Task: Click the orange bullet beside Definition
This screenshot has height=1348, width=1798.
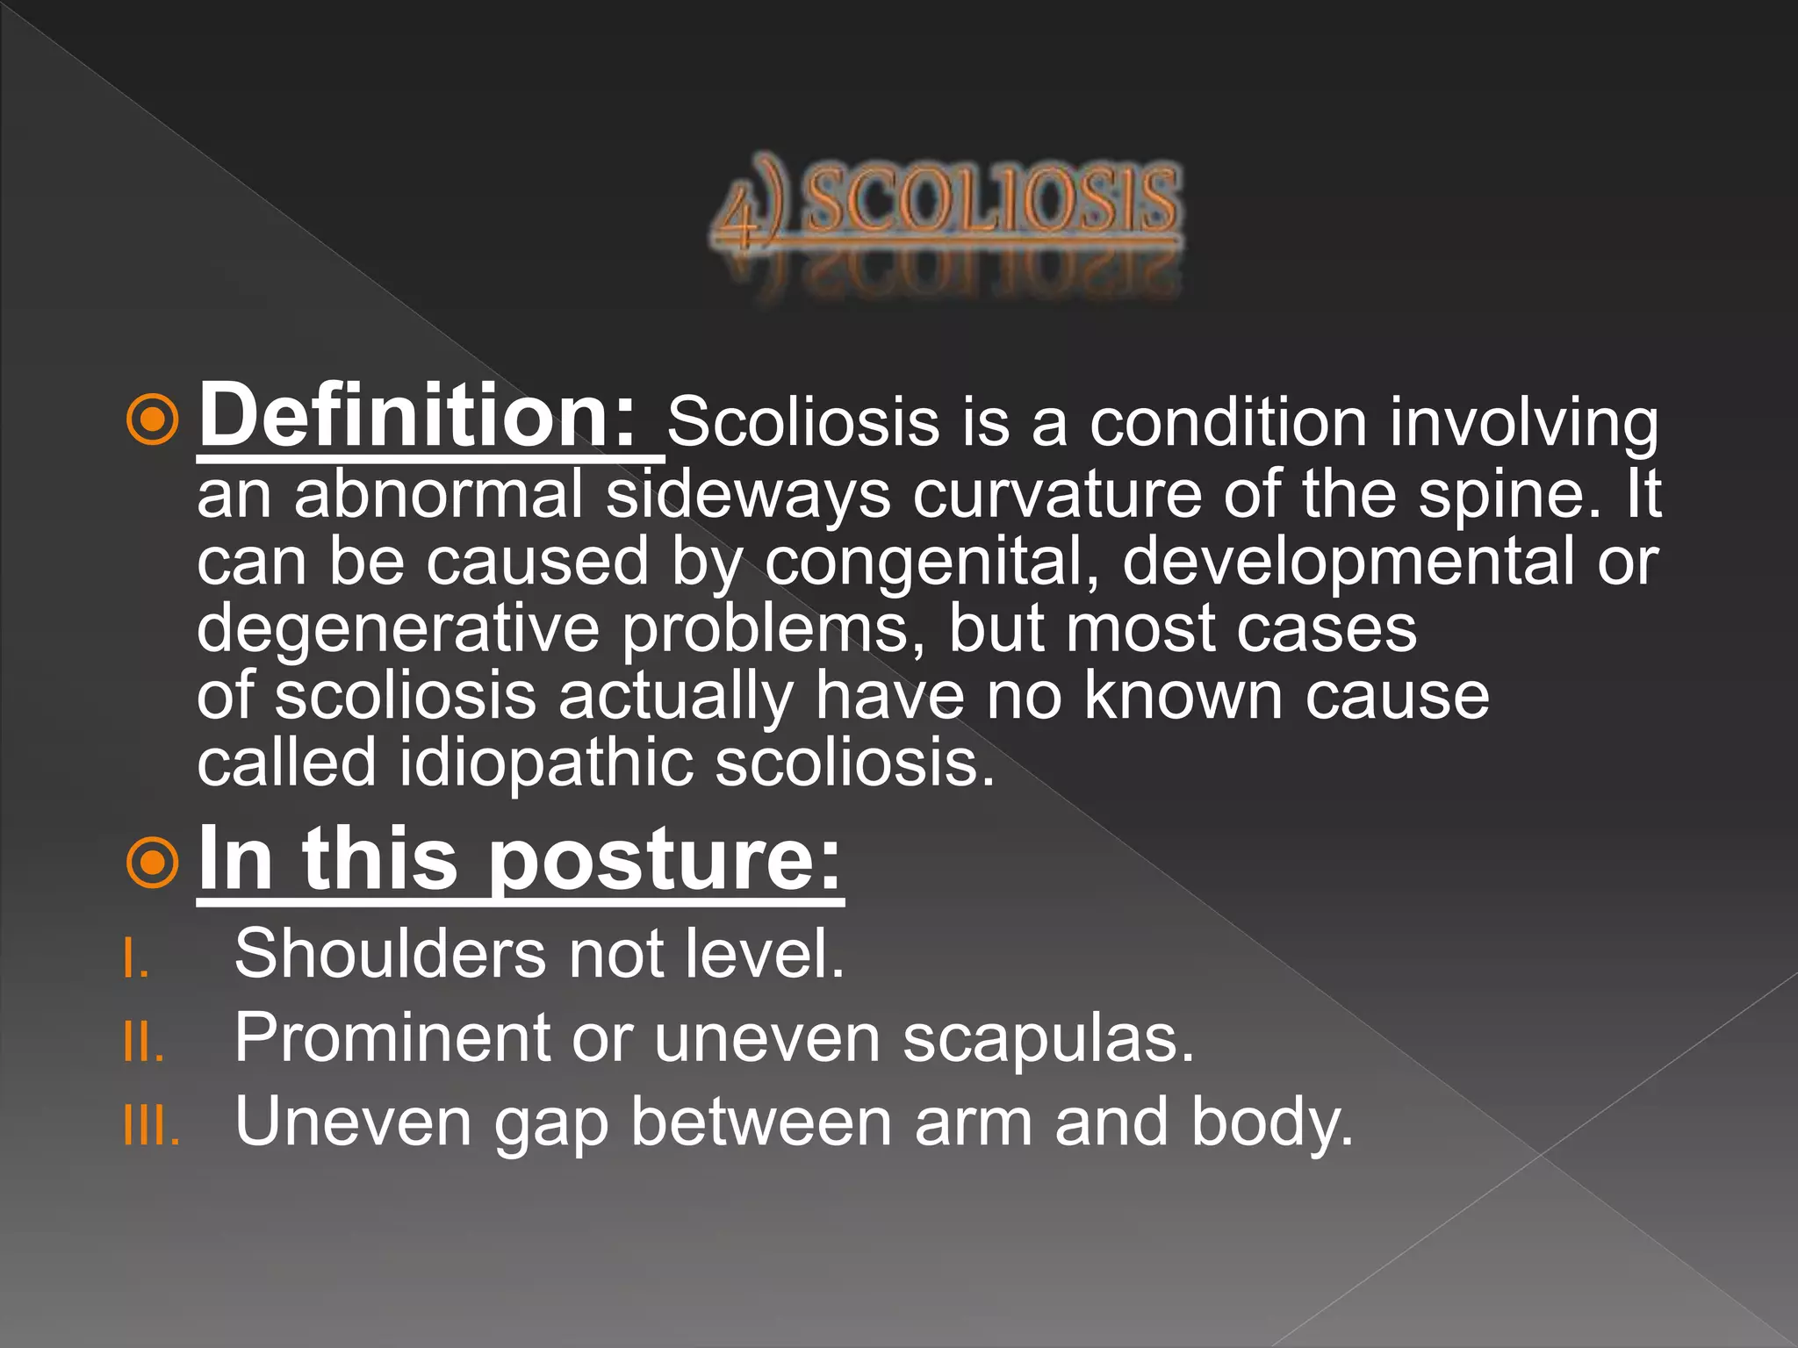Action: point(153,420)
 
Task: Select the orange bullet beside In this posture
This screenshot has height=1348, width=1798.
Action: point(153,864)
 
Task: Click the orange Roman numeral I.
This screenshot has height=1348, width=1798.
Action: point(135,958)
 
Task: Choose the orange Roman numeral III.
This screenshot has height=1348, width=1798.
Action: point(152,1126)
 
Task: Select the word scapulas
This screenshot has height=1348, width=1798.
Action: point(1048,1038)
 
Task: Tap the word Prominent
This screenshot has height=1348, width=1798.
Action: point(392,1038)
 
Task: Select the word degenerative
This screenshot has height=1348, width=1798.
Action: point(398,628)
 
